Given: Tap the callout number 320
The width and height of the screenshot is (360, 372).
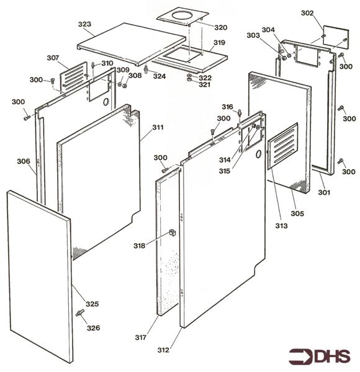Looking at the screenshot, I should pyautogui.click(x=220, y=28).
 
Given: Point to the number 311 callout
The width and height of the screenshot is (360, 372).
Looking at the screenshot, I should pyautogui.click(x=158, y=128).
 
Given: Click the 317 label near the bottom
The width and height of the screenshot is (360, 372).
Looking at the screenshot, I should pyautogui.click(x=141, y=338).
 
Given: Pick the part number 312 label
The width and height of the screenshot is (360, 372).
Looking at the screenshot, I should pyautogui.click(x=163, y=350).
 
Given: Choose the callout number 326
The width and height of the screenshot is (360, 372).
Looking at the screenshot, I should pyautogui.click(x=92, y=327).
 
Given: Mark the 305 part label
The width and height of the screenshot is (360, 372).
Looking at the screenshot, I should pyautogui.click(x=297, y=213).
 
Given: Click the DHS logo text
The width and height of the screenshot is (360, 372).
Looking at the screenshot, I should pyautogui.click(x=322, y=357).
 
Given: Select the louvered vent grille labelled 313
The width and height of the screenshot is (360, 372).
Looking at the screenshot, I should pyautogui.click(x=282, y=146).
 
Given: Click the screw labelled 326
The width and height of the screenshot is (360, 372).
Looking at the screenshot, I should pyautogui.click(x=80, y=314).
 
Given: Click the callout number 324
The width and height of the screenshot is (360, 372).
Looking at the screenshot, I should pyautogui.click(x=160, y=76).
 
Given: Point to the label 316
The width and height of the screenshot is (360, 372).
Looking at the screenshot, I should pyautogui.click(x=228, y=106).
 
